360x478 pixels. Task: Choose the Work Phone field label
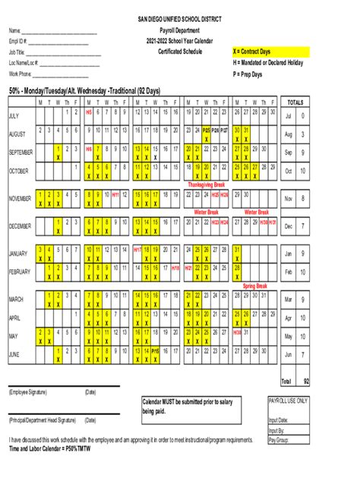[x=21, y=74]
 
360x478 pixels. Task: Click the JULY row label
[x=14, y=116]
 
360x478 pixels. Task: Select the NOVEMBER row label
[x=21, y=199]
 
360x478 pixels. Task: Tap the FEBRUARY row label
[x=21, y=271]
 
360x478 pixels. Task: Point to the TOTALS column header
[x=296, y=102]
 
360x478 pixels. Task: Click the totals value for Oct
[x=303, y=171]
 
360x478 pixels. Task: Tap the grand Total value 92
[x=305, y=381]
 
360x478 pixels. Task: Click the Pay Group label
[x=279, y=439]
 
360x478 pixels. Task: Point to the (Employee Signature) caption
[x=28, y=392]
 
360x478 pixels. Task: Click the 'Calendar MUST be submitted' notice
[x=186, y=401]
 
